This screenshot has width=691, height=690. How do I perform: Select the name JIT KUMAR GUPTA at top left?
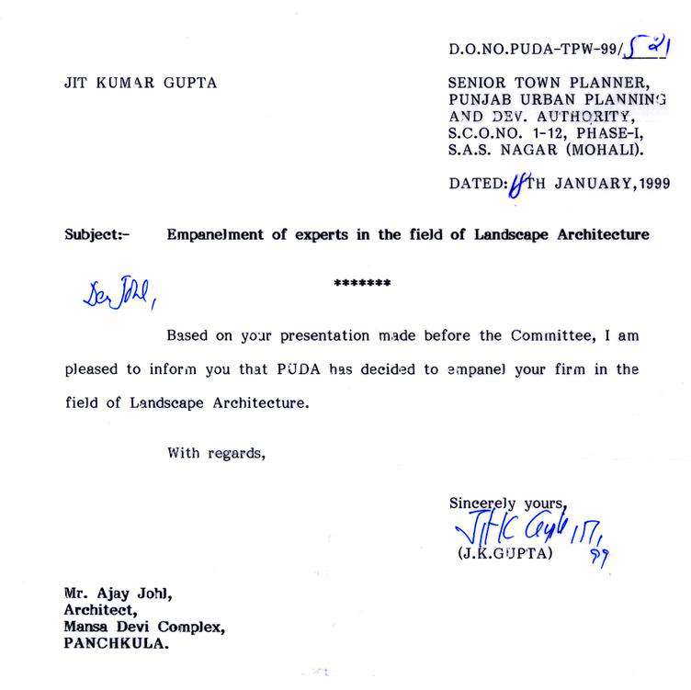[139, 83]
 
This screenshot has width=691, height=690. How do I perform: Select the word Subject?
[93, 235]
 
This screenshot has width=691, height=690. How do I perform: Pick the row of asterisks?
[362, 283]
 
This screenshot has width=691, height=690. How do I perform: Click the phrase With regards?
[217, 452]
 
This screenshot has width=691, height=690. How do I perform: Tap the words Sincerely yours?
[507, 503]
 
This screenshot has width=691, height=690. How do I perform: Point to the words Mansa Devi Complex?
[143, 627]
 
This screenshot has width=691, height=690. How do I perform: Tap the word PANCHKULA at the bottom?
[116, 644]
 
